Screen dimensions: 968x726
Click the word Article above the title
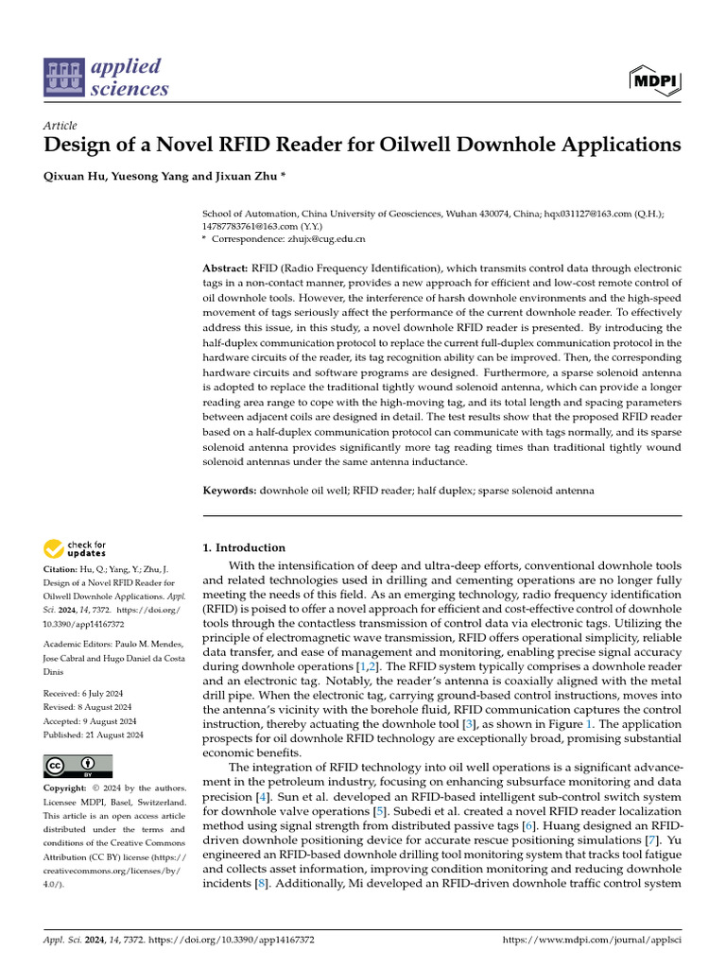pyautogui.click(x=60, y=125)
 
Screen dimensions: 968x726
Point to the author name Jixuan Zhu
pyautogui.click(x=254, y=176)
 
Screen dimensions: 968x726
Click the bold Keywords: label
pyautogui.click(x=231, y=491)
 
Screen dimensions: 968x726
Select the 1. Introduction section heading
pyautogui.click(x=244, y=547)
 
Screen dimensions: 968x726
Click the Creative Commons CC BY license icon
pyautogui.click(x=78, y=766)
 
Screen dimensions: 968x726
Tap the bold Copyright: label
pyautogui.click(x=67, y=788)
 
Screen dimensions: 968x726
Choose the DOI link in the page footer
pyautogui.click(x=245, y=941)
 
